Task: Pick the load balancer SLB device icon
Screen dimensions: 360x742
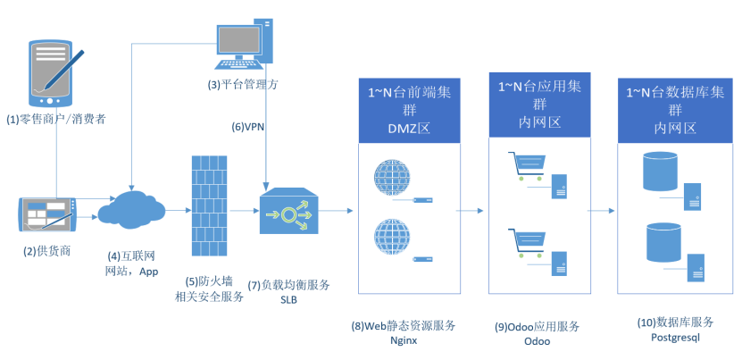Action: [x=288, y=212]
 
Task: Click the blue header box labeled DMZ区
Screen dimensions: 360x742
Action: [x=409, y=109]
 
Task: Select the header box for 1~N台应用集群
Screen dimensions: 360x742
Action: [x=540, y=103]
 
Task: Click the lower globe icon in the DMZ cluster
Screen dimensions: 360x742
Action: [x=392, y=239]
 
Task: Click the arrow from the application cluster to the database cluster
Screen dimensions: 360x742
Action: [x=601, y=212]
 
